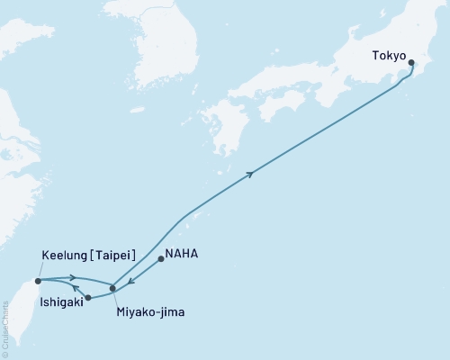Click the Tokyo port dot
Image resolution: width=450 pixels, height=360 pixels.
point(411,63)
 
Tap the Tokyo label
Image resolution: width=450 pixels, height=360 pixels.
point(390,54)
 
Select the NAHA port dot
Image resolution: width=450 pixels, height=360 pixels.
point(160,259)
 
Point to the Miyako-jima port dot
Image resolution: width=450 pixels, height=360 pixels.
point(112,288)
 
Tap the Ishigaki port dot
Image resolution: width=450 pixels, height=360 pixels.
point(88,297)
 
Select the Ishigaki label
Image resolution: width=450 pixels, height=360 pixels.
point(63,303)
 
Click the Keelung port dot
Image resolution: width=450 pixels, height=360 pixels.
point(38,281)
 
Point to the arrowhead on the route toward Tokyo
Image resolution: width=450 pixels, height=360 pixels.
point(249,173)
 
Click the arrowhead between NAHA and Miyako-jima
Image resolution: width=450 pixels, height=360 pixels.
point(131,280)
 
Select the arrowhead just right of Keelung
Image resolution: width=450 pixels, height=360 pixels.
point(71,278)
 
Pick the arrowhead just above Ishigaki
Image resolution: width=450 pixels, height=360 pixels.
point(76,288)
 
